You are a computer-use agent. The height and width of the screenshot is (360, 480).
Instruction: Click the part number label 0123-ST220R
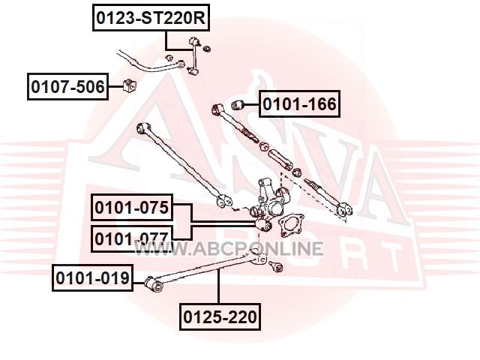(x=149, y=17)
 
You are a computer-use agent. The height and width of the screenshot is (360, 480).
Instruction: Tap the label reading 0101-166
(x=299, y=103)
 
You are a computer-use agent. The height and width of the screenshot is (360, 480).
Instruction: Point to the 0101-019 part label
(x=92, y=279)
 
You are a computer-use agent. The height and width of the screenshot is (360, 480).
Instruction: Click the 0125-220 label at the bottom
(x=220, y=317)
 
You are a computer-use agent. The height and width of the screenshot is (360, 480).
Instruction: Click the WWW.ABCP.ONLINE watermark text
(x=248, y=249)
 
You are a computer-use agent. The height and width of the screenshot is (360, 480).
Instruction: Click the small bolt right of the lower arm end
(x=276, y=265)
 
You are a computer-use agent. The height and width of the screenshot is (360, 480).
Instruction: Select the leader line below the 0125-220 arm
(x=219, y=289)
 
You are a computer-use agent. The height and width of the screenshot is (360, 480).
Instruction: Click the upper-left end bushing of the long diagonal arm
(x=142, y=128)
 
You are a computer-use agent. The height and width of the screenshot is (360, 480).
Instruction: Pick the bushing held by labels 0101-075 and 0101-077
(x=262, y=224)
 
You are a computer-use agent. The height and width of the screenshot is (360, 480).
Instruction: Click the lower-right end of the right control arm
(x=343, y=211)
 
